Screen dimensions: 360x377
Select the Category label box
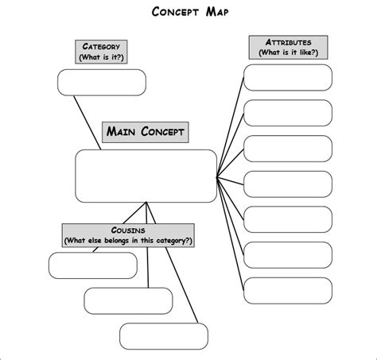pos(101,52)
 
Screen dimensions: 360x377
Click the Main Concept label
pos(146,132)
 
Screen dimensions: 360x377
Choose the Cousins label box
pos(129,234)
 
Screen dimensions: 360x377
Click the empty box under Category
pos(102,82)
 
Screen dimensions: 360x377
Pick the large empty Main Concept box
pos(146,176)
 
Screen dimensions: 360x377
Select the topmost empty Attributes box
pos(287,77)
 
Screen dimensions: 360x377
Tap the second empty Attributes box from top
pos(287,113)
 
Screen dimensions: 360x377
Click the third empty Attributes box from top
pos(287,149)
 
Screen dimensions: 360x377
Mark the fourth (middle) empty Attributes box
pos(287,184)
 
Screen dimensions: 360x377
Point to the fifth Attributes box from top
pos(287,219)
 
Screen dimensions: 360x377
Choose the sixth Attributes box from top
pos(287,255)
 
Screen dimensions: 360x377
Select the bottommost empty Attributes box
pos(287,291)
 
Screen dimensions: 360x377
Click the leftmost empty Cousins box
pos(82,265)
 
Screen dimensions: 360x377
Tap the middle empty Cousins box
pos(117,300)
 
